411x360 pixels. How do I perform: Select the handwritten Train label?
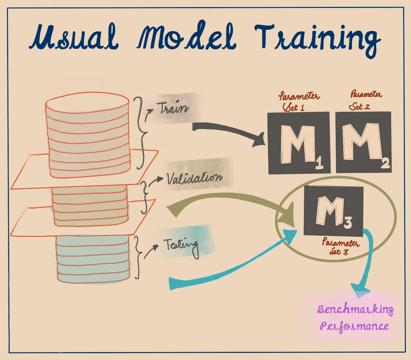click(173, 108)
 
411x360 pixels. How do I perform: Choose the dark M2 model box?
click(363, 142)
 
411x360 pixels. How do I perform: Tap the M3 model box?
click(333, 211)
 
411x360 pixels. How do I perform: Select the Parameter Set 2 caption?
click(364, 100)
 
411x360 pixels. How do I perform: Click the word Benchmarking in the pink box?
click(355, 309)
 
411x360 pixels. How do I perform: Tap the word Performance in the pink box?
click(354, 326)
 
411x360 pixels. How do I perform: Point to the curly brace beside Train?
click(140, 132)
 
